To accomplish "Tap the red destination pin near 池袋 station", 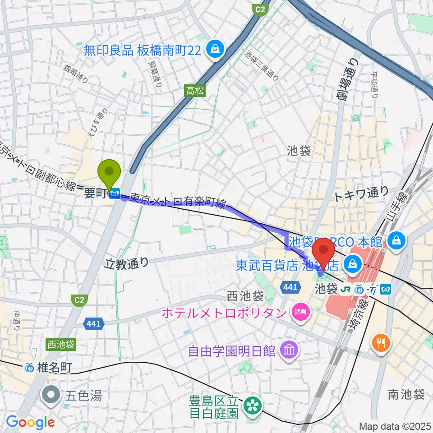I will [x=323, y=253].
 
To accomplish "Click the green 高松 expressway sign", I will [x=195, y=91].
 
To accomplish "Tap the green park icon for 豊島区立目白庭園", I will [x=251, y=406].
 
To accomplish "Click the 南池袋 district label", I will [x=406, y=395].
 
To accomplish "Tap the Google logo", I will [x=30, y=423].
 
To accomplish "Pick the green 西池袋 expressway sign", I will [x=60, y=345].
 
